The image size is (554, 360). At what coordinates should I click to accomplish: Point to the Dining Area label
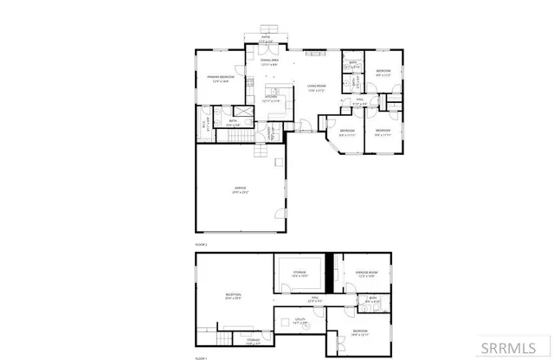tap(269, 61)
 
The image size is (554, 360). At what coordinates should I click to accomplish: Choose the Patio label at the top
tap(266, 38)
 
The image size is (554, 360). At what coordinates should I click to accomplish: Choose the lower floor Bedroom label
tap(360, 331)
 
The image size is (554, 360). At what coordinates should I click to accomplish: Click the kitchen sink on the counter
tap(271, 90)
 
